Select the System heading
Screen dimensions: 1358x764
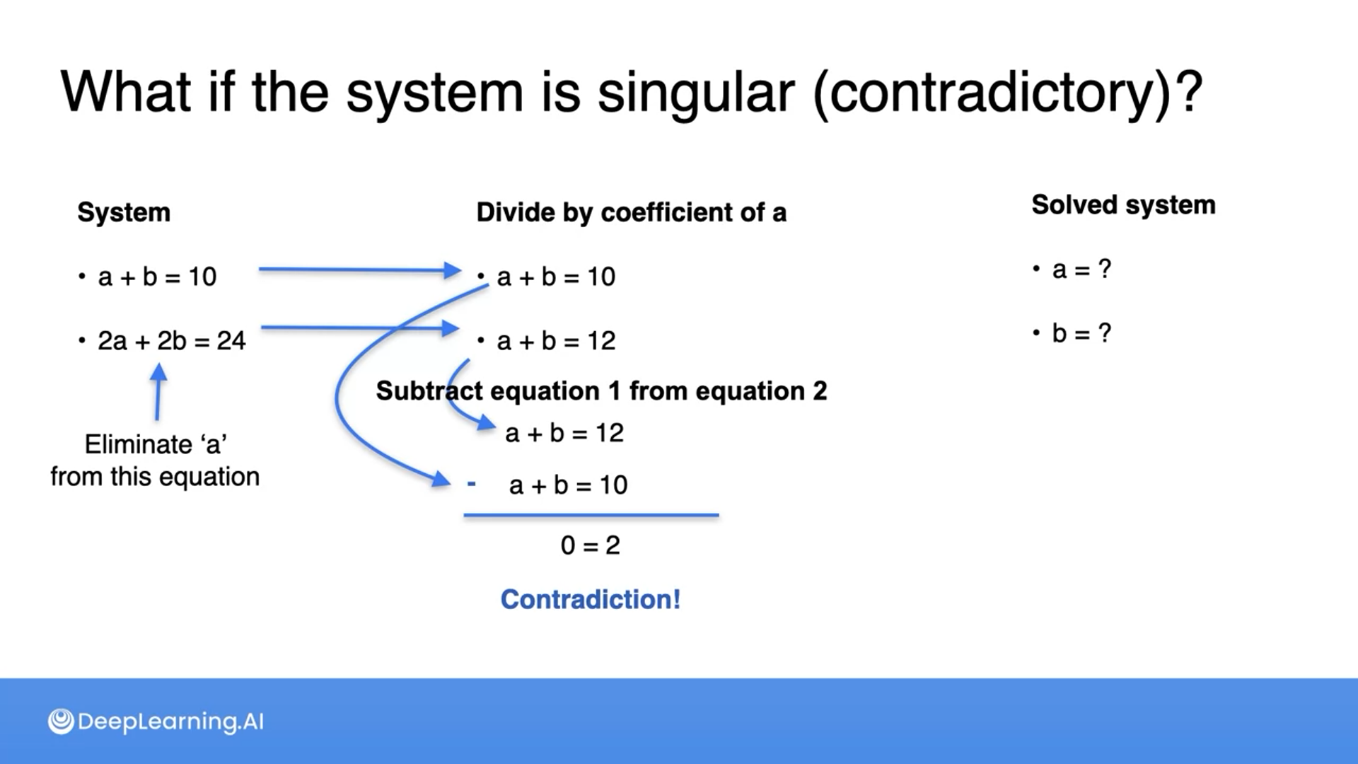[124, 212]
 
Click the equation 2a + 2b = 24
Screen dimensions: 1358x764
[172, 341]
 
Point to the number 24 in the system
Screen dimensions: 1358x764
[231, 341]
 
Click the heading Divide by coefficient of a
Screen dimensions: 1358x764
[631, 212]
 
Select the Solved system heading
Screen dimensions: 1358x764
[1123, 205]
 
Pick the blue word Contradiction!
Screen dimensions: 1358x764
[591, 600]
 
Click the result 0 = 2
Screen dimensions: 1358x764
[591, 545]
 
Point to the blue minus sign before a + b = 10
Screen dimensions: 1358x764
[472, 485]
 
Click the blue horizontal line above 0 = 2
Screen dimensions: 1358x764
[591, 516]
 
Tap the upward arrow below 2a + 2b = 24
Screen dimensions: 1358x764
[158, 392]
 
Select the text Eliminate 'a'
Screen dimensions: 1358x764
[156, 444]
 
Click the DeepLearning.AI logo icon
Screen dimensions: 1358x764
[61, 722]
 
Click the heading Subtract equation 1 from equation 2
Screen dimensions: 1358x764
[601, 391]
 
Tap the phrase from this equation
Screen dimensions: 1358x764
[155, 477]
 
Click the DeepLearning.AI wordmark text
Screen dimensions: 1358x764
[170, 722]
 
